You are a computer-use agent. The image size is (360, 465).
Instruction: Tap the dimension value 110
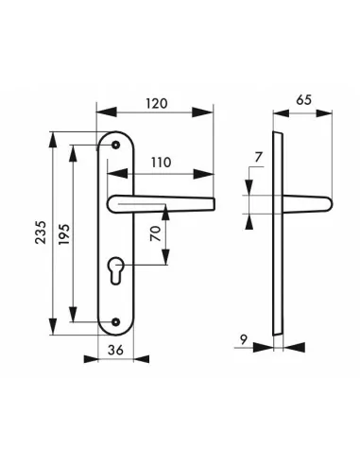coord(160,162)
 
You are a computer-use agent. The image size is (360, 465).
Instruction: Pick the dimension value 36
coord(116,350)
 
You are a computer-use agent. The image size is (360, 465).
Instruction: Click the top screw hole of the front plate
coord(116,144)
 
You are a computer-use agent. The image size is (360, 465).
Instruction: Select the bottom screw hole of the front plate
coord(116,320)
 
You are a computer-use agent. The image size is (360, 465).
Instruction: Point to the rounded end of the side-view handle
coord(328,201)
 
